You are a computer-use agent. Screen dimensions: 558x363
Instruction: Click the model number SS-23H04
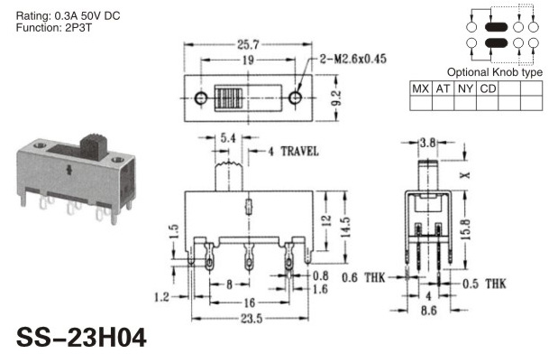point(81,338)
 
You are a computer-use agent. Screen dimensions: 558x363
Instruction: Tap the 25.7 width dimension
point(248,44)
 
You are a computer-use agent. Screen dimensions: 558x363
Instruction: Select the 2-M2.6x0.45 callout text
point(352,59)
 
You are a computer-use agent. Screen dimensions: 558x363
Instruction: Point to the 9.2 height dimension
point(336,98)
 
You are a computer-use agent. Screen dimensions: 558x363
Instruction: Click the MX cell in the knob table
point(421,88)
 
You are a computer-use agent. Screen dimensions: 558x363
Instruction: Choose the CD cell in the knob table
point(488,88)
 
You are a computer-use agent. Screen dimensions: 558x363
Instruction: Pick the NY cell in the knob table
point(465,88)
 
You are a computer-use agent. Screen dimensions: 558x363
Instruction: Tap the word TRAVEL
point(299,151)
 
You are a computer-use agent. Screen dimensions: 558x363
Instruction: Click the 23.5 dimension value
point(252,319)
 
